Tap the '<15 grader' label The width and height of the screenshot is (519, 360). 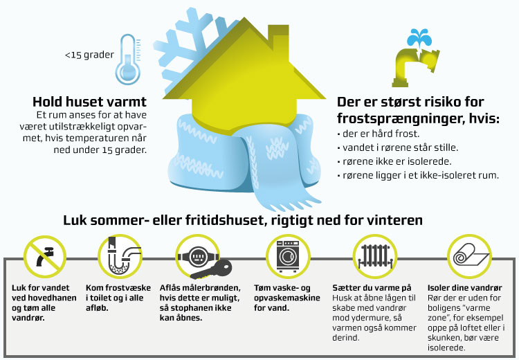[89, 54]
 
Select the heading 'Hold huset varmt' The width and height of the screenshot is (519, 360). [89, 100]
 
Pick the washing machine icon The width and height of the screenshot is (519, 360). [289, 255]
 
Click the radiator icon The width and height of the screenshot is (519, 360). [374, 255]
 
